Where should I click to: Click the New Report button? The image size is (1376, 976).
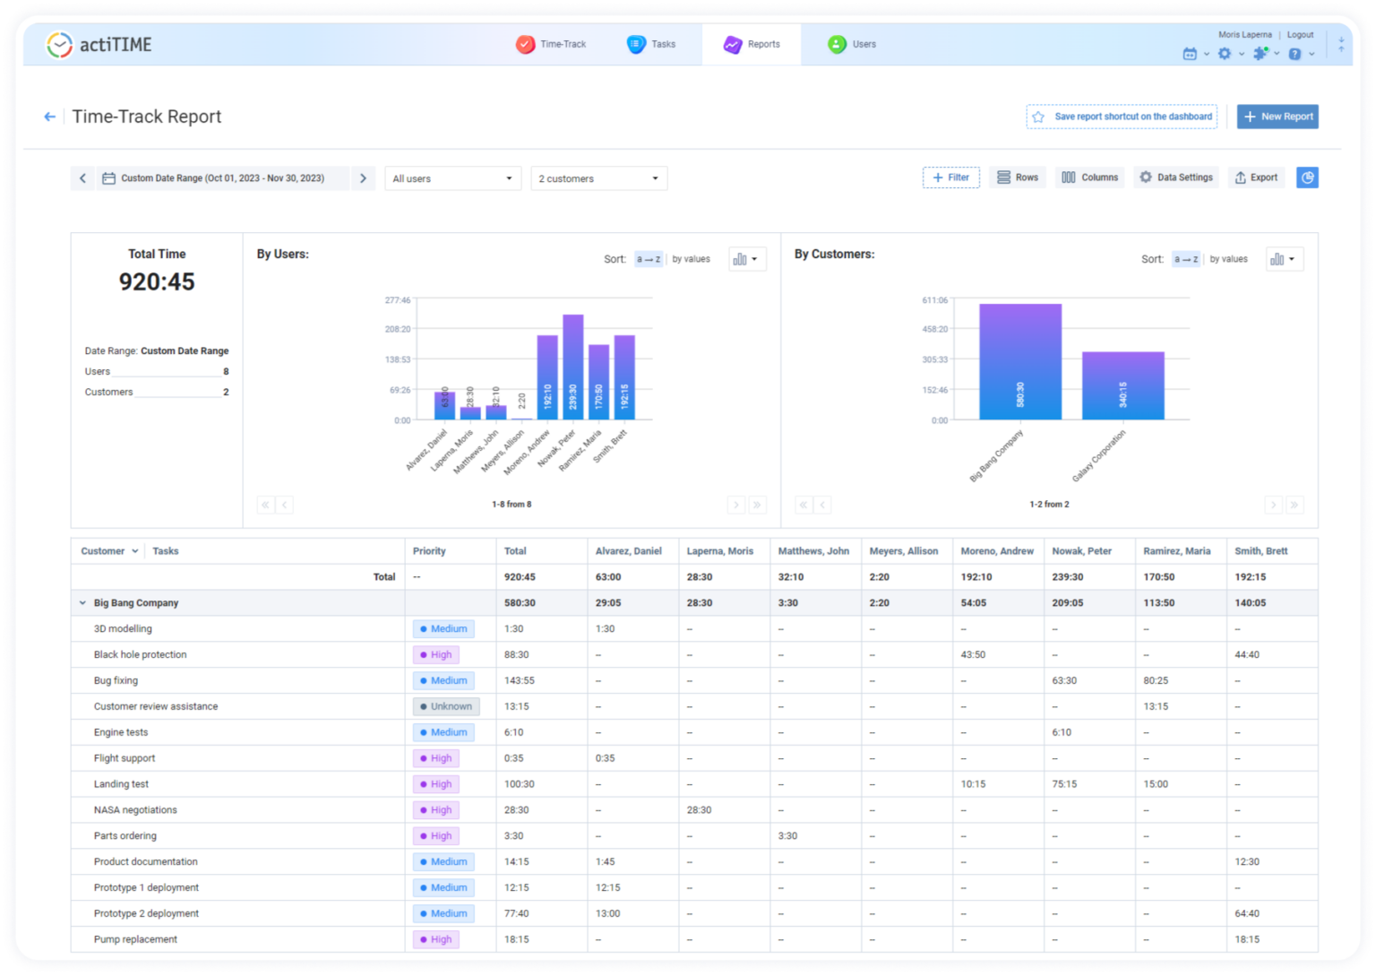[x=1277, y=117]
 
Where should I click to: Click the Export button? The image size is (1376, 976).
[x=1256, y=177]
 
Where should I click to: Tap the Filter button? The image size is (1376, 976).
[x=950, y=177]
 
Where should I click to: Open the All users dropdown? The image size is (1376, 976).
[x=452, y=178]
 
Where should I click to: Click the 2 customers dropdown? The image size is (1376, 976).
[x=598, y=178]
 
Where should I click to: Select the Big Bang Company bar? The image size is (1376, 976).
[x=1019, y=362]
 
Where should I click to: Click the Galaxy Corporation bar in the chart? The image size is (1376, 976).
[x=1122, y=385]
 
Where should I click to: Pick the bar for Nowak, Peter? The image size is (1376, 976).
[x=572, y=367]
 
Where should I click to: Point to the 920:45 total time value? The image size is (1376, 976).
[x=157, y=282]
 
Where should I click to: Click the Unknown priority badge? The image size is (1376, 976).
[x=446, y=706]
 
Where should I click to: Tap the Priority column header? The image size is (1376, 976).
[x=429, y=551]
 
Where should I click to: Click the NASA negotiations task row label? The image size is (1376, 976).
[x=135, y=810]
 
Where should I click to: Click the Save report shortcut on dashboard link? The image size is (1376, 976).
[x=1122, y=117]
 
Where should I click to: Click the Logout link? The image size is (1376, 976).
[x=1300, y=35]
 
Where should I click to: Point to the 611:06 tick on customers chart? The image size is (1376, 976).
[x=934, y=300]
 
